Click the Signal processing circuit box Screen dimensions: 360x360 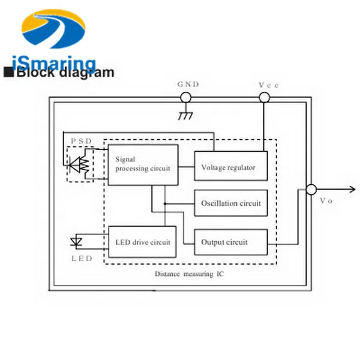click(143, 164)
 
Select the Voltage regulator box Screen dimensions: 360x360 click(228, 167)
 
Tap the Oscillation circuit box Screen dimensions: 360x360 click(230, 203)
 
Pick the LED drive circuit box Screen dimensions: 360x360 click(142, 242)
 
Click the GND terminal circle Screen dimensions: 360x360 click(186, 97)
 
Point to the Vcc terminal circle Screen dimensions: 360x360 click(263, 97)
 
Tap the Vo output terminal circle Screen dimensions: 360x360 click(311, 190)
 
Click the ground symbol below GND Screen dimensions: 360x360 click(186, 115)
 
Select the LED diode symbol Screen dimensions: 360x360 click(76, 242)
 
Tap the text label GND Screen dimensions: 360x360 click(188, 85)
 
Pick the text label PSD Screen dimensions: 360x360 click(82, 141)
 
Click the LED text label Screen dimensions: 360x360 click(82, 258)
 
